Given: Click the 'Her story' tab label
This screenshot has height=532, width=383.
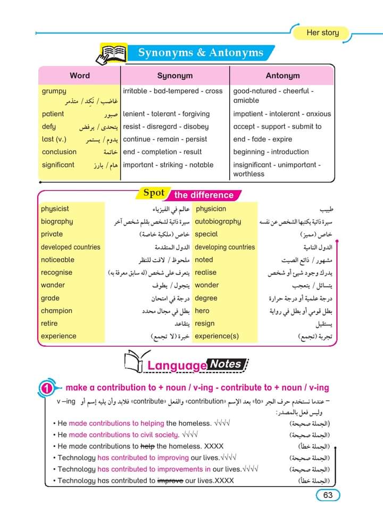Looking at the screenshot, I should pos(322,33).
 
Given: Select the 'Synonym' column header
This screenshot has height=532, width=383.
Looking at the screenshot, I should pos(174,76).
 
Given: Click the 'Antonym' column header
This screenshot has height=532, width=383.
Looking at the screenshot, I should pos(282,76).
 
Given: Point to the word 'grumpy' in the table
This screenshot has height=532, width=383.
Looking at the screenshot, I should pos(54,91).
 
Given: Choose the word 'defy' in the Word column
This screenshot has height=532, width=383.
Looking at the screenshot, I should pos(48,127).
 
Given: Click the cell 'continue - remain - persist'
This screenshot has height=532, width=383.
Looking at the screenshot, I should pos(165,139).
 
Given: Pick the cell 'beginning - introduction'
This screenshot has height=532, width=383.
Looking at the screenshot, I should pos(271,152).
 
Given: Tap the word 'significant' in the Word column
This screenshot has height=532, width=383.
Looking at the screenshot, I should pos(58,165).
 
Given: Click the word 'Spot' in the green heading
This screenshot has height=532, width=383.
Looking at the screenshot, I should pos(154,193).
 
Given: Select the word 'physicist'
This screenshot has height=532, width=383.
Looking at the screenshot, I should pos(55,209).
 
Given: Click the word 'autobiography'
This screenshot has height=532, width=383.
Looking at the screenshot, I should pos(218,222).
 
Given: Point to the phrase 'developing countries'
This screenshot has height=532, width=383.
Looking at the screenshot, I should pos(224,247).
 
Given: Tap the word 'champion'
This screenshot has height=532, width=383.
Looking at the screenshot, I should pos(56,311).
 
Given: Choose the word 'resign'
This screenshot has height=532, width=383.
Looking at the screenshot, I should pos(205,323).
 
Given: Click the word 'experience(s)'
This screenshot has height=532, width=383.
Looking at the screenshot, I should pos(217,336).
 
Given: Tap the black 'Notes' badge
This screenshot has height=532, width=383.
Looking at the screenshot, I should pos(226,364).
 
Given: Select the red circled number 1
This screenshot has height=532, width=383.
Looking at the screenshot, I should pos(47,389).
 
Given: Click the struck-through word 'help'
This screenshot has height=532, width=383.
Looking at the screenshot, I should pos(147,446).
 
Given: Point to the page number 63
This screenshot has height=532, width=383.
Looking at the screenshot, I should pos(328,495).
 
